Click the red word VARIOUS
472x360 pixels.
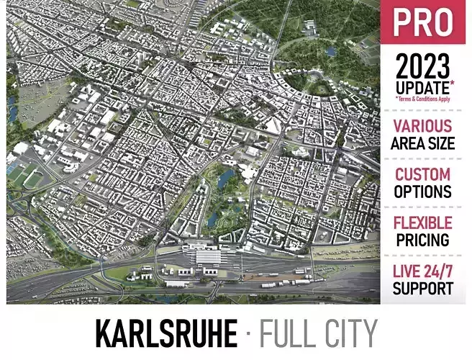pos(422,126)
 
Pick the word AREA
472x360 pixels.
pos(406,143)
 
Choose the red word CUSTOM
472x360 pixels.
pos(422,174)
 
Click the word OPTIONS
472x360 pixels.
pos(422,192)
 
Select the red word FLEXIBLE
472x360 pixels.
pos(422,222)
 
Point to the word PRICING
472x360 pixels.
pos(422,240)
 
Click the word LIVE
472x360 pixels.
pos(407,271)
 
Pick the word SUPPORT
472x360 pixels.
pos(422,288)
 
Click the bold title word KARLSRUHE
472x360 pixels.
pos(166,334)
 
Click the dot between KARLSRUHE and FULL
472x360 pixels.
pos(248,335)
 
